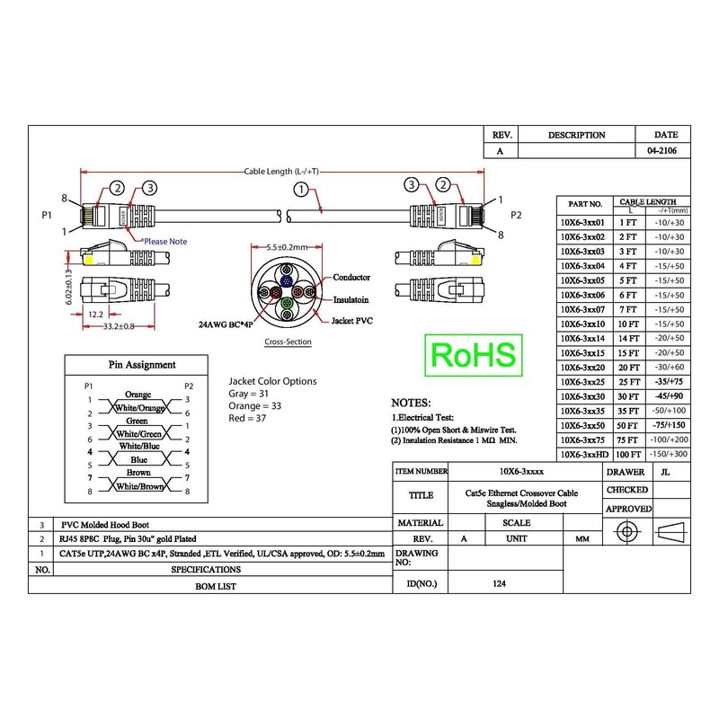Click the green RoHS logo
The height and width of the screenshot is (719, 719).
[474, 355]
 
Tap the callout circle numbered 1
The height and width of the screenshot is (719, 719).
[301, 189]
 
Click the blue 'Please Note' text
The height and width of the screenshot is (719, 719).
[165, 241]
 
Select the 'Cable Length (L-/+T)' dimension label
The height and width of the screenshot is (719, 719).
[281, 172]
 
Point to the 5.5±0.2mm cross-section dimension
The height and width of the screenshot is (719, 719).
[287, 247]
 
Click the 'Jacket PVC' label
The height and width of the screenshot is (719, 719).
[352, 321]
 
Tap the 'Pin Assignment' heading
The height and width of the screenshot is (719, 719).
[142, 365]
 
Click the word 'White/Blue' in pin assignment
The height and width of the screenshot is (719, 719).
[139, 446]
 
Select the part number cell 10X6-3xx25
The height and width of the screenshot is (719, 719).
[582, 382]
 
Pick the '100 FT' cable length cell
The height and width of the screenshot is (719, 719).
[628, 455]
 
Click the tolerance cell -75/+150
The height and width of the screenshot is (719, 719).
[669, 425]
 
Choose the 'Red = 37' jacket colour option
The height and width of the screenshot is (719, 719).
[247, 418]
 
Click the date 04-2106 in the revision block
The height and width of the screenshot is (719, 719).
[662, 150]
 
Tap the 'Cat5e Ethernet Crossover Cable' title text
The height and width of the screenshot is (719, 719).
[521, 493]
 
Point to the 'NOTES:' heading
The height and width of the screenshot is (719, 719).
[411, 403]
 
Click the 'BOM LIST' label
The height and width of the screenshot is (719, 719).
[216, 586]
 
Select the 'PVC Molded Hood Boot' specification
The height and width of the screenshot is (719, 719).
[105, 525]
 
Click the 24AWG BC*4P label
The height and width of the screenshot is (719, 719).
[226, 324]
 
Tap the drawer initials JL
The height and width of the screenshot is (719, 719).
[665, 472]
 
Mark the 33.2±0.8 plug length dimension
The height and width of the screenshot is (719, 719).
[119, 326]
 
